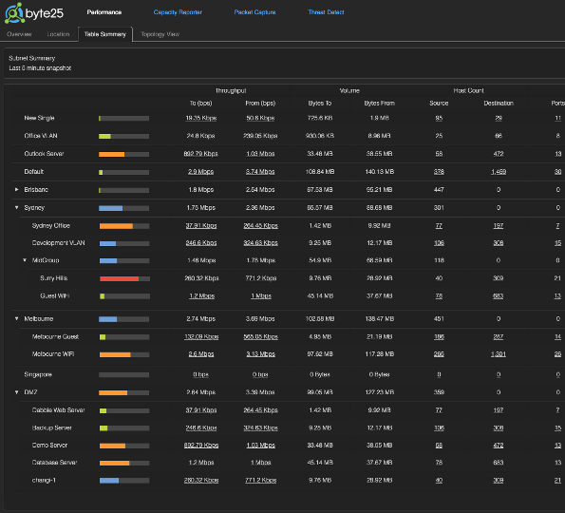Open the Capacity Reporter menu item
coord(177,13)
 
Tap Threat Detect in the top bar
coord(326,13)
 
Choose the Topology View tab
coord(160,34)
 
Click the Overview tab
coord(20,34)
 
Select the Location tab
coord(59,34)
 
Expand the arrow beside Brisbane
coord(17,190)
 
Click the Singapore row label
coord(38,373)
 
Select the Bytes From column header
coord(380,103)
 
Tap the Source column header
coord(439,103)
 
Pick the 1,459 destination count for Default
coord(498,172)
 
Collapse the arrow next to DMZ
coord(17,390)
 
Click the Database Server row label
coord(55,463)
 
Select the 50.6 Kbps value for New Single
coord(259,118)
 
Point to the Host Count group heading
coord(468,90)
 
